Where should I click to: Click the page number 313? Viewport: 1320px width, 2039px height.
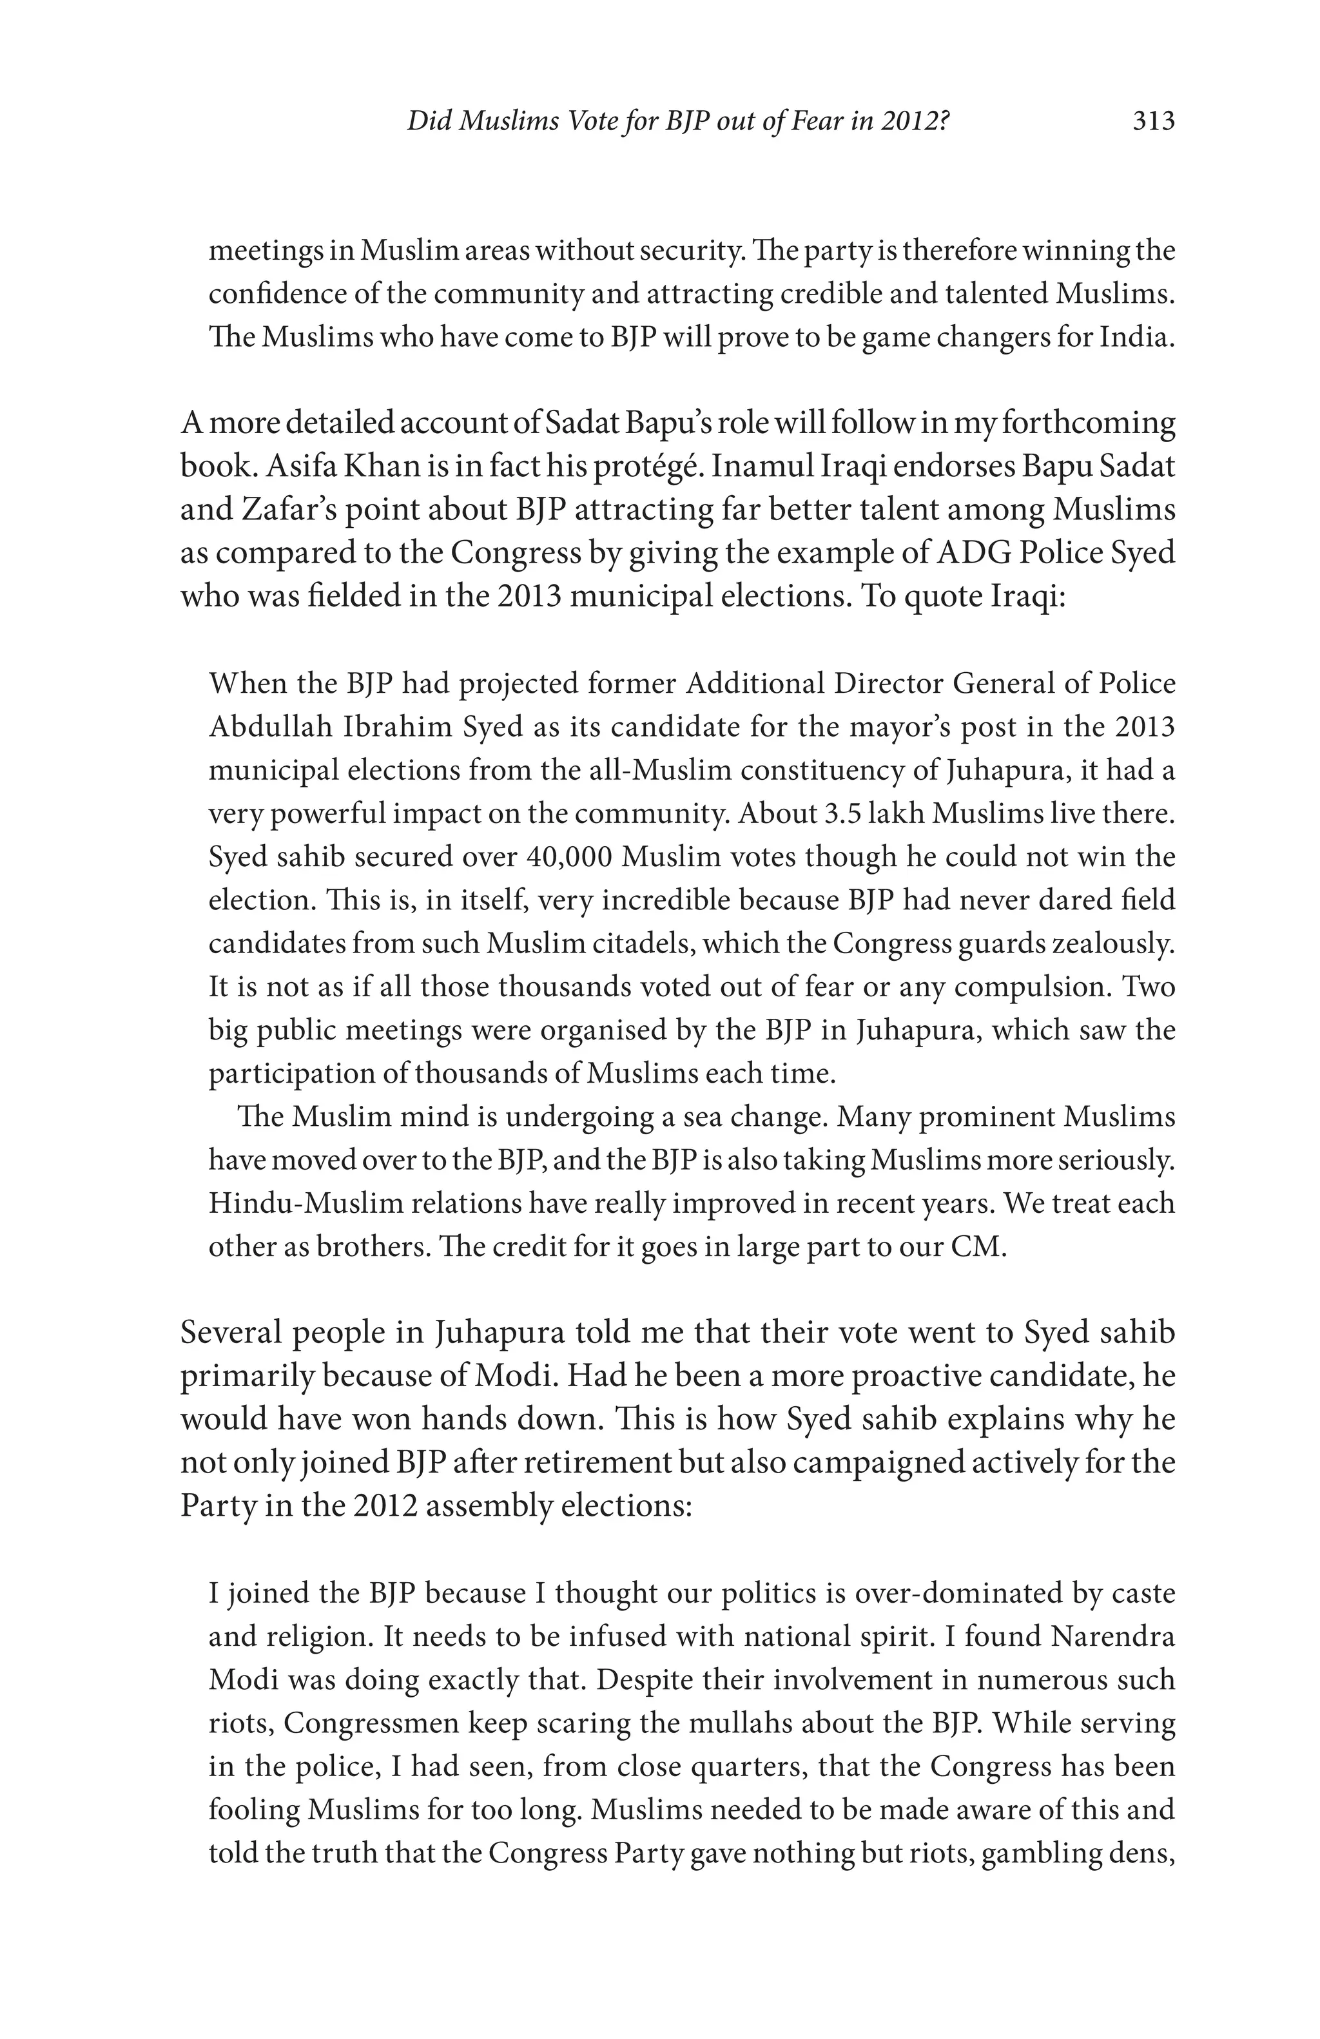(1154, 122)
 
